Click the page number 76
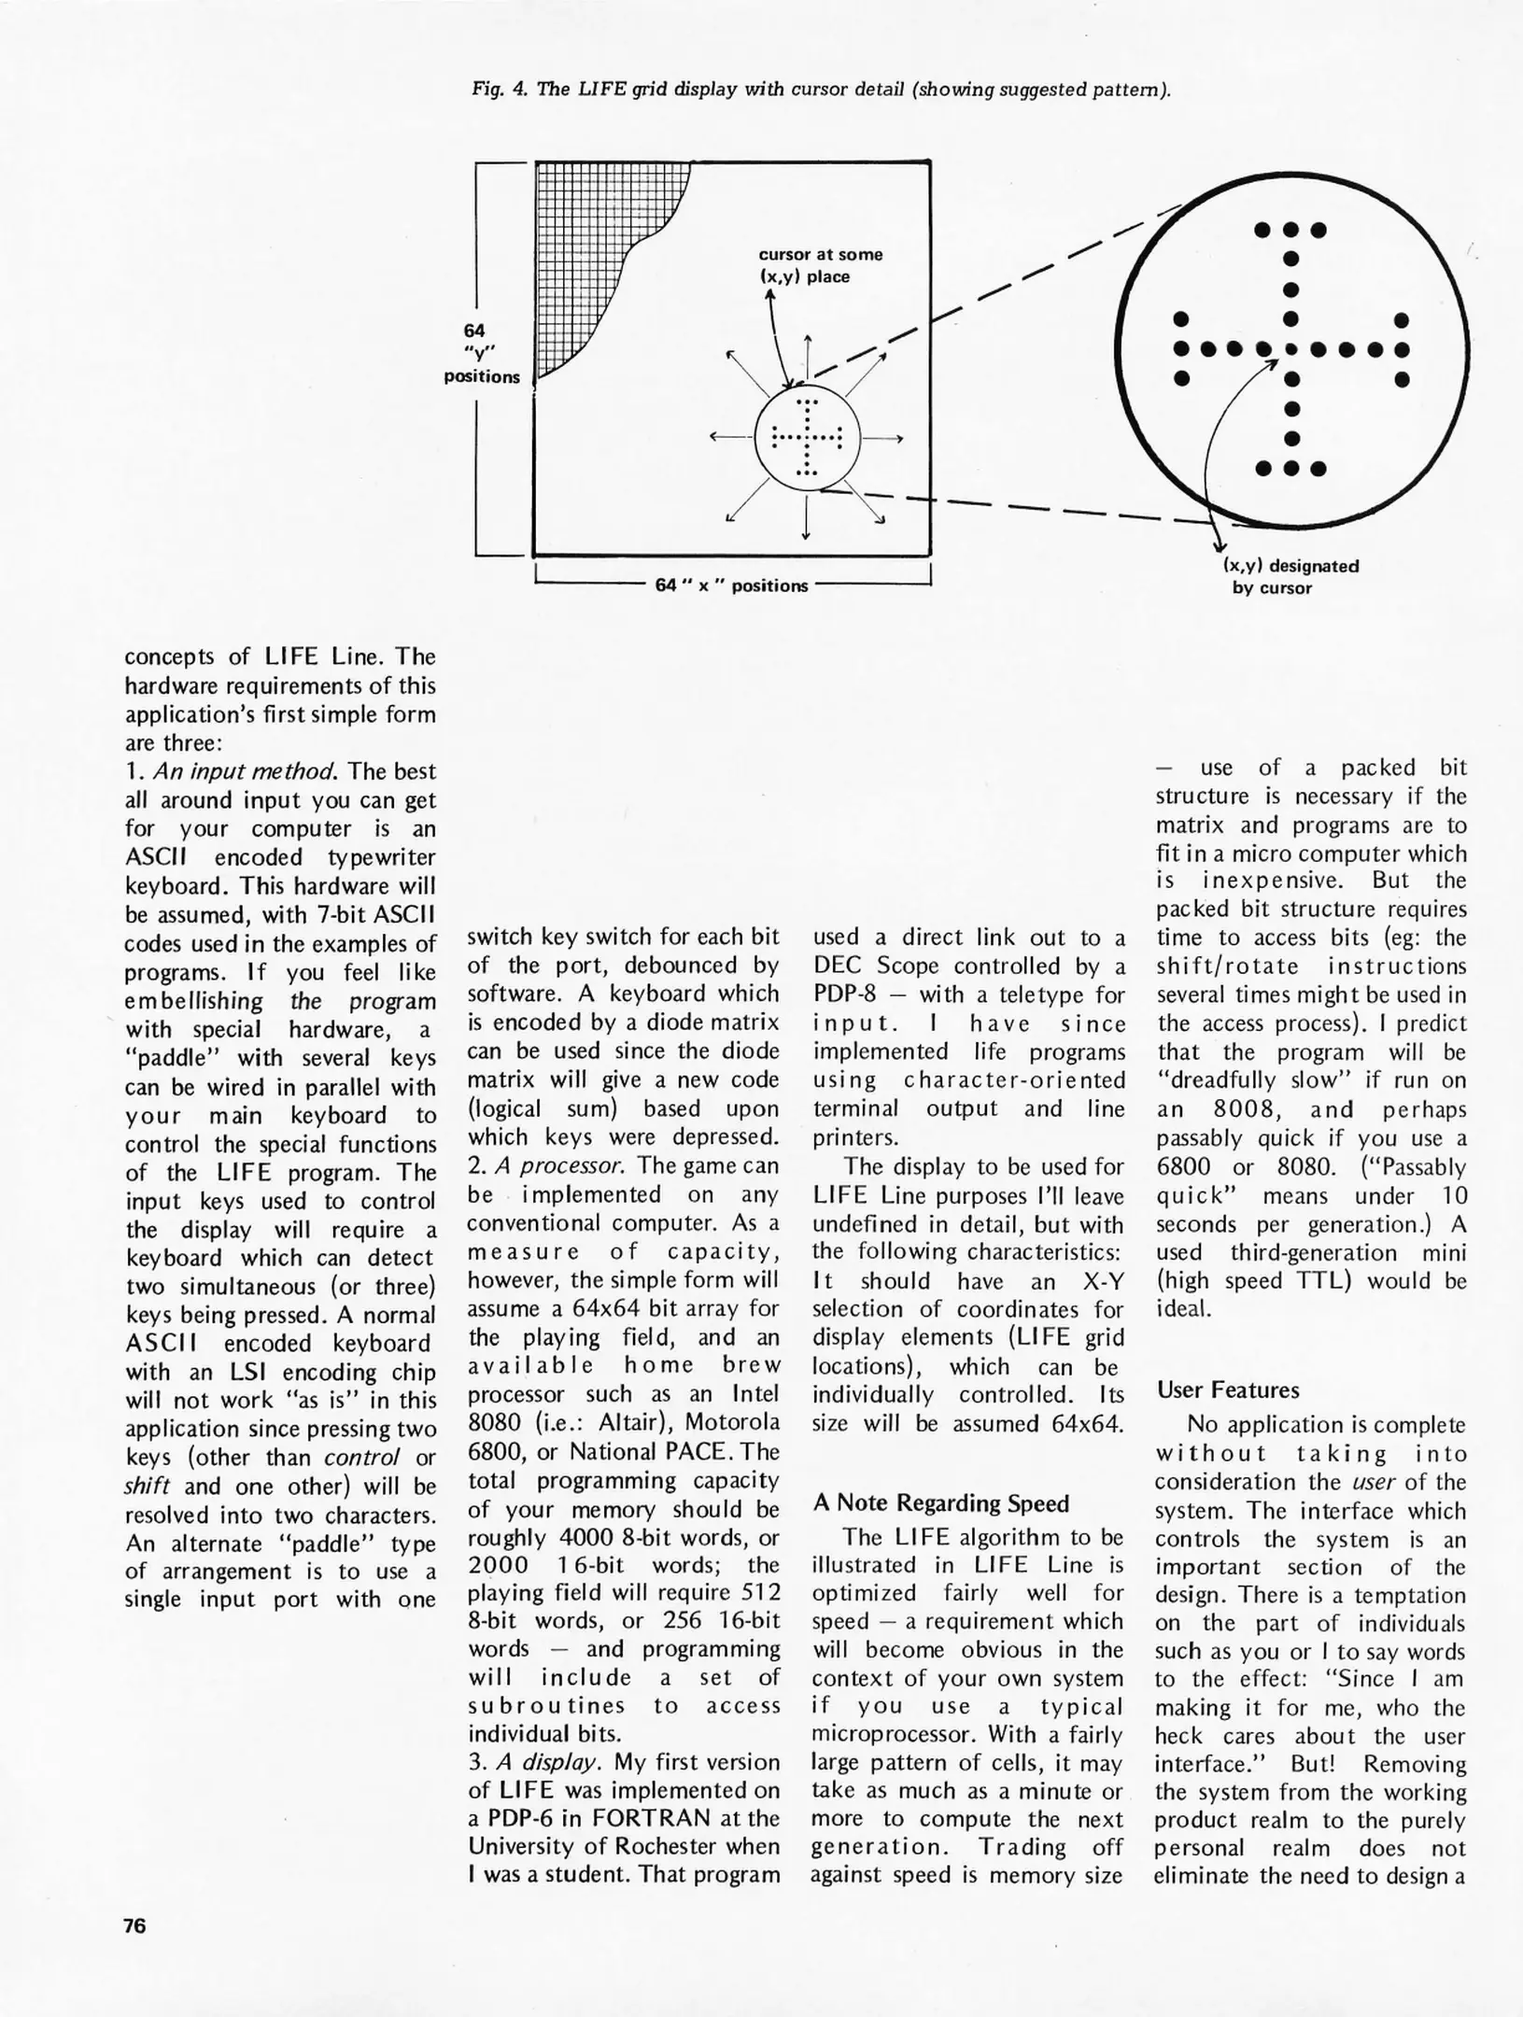pos(134,1925)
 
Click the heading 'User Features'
pos(1228,1389)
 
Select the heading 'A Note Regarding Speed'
pos(940,1502)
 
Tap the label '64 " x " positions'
pos(731,585)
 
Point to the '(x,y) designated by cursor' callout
pos(1277,576)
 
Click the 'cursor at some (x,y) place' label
pos(819,265)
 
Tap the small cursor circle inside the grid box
pos(805,438)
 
